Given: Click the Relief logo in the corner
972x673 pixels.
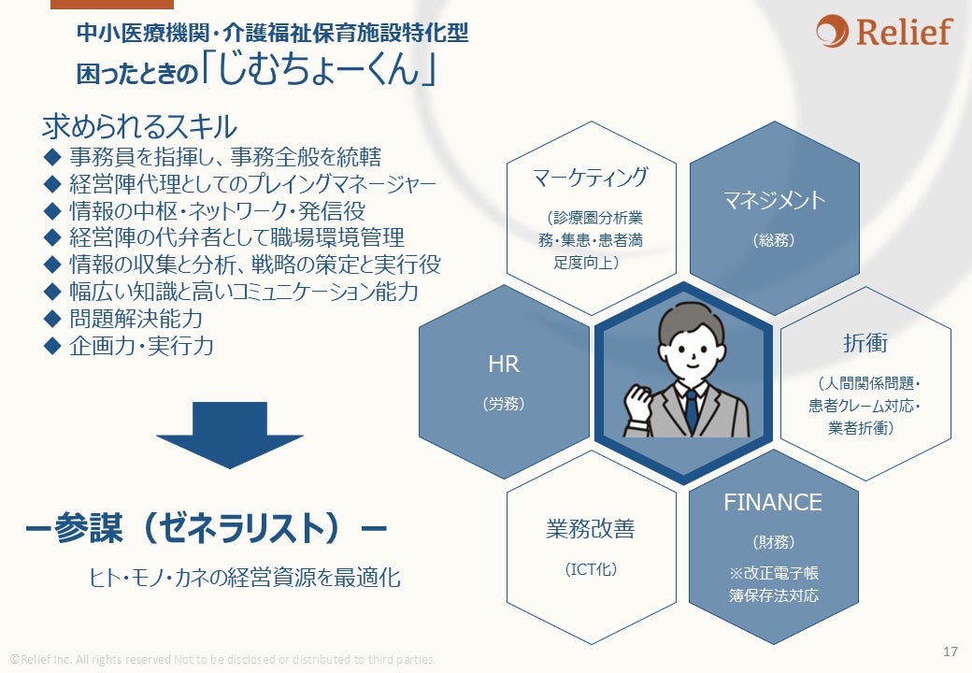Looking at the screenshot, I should (x=883, y=32).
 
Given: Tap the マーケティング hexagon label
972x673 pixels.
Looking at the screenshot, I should (x=590, y=177).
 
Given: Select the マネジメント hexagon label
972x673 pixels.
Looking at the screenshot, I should (x=774, y=199).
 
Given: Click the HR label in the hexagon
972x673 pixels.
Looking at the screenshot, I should (x=504, y=365).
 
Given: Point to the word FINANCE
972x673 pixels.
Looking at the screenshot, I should (x=773, y=502).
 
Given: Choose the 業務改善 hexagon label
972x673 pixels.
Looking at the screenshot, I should (x=590, y=529).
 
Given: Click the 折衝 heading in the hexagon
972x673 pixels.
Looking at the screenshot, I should (x=865, y=343).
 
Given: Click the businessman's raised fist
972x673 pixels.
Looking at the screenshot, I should (x=638, y=403).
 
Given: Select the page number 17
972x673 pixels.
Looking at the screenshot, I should (x=951, y=651).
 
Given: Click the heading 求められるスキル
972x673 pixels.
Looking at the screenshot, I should (x=139, y=127).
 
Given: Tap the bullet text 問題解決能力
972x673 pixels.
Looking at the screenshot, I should (x=136, y=318).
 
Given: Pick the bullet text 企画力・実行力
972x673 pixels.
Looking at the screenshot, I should (x=141, y=346).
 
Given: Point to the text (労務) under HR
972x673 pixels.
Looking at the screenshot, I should (x=504, y=404).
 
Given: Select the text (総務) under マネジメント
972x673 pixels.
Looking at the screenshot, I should (x=773, y=239).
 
